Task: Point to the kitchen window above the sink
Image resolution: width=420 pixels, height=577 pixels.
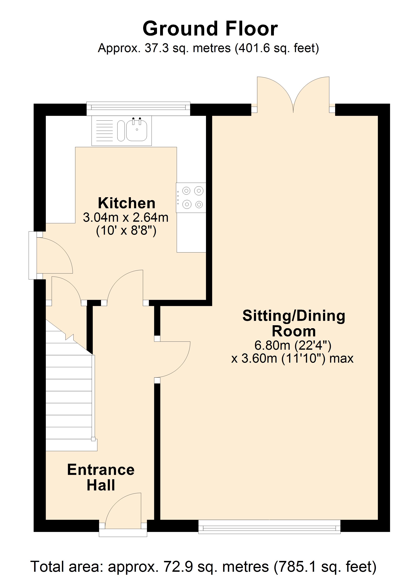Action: click(138, 108)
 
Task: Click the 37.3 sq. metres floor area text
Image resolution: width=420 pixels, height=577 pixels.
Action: click(208, 48)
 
